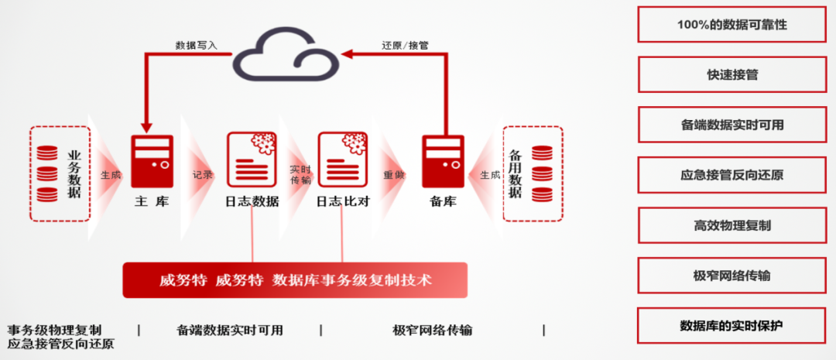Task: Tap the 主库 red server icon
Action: click(152, 160)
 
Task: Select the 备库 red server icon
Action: click(443, 160)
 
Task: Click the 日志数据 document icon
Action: click(251, 159)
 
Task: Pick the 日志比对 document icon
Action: click(341, 159)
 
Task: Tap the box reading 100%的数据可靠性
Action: click(731, 25)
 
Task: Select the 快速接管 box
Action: click(731, 75)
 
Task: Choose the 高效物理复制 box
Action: click(731, 225)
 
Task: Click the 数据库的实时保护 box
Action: click(731, 326)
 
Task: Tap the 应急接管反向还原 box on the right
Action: click(731, 175)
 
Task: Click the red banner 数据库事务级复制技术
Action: click(295, 280)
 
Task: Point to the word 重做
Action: click(395, 176)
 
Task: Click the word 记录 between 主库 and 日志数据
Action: click(202, 176)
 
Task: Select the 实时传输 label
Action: click(300, 175)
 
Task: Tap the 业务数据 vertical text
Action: click(74, 173)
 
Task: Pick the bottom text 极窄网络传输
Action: click(433, 331)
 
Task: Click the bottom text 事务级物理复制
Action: click(54, 331)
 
